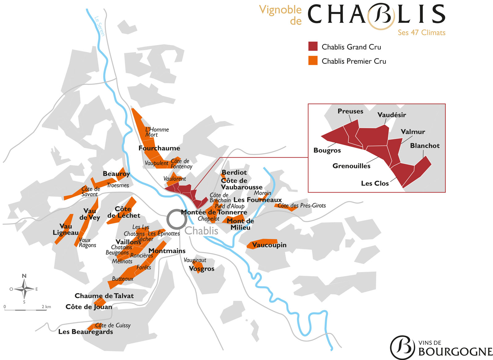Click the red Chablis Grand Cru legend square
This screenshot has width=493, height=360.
click(313, 47)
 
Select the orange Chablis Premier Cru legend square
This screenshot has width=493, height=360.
click(313, 61)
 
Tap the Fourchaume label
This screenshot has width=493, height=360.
click(159, 148)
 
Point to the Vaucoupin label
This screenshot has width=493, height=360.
click(269, 245)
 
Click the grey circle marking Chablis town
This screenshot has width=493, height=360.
click(177, 219)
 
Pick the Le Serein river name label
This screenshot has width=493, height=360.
click(100, 26)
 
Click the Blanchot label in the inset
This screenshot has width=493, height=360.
click(425, 146)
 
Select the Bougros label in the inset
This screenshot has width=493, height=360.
click(327, 150)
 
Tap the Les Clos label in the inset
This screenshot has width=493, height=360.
click(375, 183)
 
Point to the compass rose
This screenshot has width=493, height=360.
click(24, 289)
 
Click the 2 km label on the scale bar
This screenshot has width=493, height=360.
click(46, 307)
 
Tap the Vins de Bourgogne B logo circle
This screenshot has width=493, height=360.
click(402, 347)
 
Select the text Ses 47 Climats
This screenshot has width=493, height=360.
click(421, 33)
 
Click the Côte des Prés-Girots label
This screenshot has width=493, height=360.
click(302, 206)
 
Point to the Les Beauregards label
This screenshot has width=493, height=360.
click(85, 332)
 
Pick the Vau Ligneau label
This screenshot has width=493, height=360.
click(66, 229)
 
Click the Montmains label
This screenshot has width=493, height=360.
click(167, 251)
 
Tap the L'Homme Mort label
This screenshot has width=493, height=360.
click(157, 132)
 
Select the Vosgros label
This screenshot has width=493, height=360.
click(202, 269)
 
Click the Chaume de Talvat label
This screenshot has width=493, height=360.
click(104, 296)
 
